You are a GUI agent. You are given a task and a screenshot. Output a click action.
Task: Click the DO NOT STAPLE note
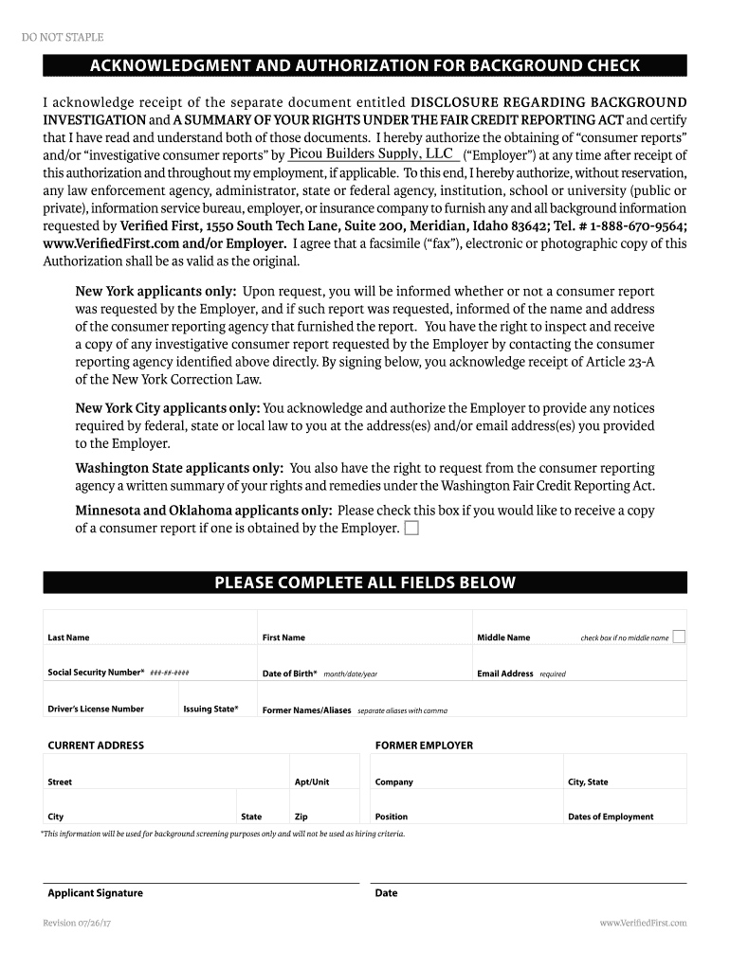[x=63, y=37]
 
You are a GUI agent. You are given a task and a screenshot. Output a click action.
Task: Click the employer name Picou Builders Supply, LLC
[x=371, y=153]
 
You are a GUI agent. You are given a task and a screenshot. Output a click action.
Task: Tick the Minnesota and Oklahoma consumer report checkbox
[x=411, y=529]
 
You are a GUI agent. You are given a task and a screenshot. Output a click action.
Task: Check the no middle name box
[x=679, y=637]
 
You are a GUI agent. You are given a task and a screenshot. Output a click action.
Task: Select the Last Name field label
[x=68, y=638]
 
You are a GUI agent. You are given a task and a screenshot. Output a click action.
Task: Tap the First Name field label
[x=283, y=638]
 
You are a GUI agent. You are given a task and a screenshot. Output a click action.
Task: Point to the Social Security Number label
[x=96, y=673]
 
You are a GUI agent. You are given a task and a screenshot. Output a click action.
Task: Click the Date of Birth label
[x=289, y=674]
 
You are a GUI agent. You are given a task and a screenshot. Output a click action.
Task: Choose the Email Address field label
[x=504, y=674]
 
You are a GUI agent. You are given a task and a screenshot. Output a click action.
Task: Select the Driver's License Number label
[x=96, y=709]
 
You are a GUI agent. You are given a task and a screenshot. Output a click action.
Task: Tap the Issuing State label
[x=210, y=709]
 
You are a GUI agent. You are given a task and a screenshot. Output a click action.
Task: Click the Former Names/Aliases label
[x=306, y=710]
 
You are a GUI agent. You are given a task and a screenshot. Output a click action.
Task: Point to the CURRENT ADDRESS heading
[x=96, y=745]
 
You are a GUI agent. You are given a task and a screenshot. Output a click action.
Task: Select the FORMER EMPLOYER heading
[x=424, y=745]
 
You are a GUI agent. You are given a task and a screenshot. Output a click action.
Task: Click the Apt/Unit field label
[x=312, y=781]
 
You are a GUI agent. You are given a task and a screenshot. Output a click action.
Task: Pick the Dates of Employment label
[x=611, y=817]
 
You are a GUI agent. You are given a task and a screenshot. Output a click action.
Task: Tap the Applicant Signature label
[x=95, y=893]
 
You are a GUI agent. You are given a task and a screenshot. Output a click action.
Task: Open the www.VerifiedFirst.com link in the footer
[x=643, y=923]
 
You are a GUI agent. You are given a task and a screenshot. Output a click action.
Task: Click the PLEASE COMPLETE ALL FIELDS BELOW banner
[x=365, y=583]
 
